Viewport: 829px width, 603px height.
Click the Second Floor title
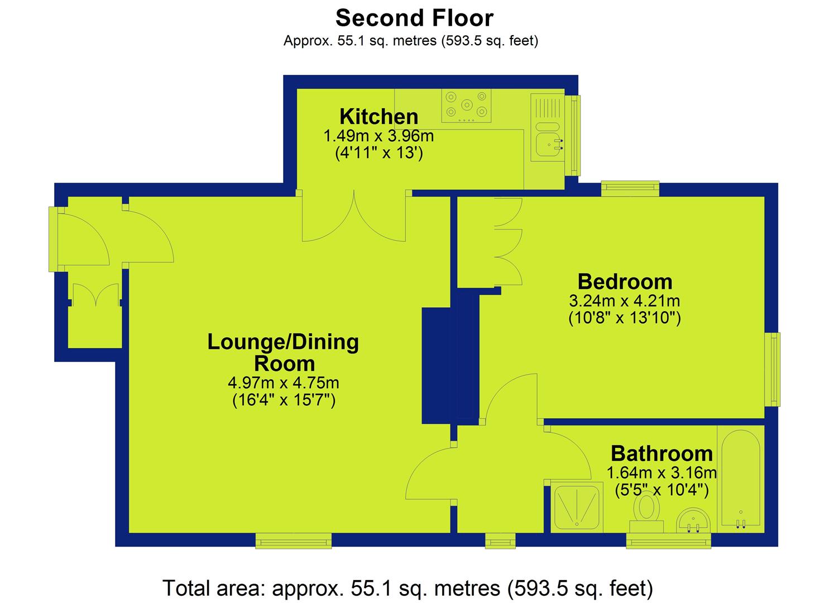414,18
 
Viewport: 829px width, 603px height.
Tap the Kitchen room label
379,117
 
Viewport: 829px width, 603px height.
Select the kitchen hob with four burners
466,106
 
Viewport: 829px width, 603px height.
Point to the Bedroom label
625,282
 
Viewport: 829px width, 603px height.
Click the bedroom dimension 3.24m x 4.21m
624,301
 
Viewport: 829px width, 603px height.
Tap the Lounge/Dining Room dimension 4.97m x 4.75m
284,383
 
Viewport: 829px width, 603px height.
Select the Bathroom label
662,453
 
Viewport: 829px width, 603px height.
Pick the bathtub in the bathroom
741,479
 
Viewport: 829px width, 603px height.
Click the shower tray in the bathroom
577,507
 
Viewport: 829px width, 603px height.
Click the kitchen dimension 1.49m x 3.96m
378,136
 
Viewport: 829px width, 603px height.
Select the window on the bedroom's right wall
773,370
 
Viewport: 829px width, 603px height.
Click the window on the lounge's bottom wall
294,540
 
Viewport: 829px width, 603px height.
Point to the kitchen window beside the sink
573,136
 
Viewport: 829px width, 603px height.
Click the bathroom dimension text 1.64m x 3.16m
662,473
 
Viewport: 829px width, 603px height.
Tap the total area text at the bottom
408,588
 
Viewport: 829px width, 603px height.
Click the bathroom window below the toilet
669,540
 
